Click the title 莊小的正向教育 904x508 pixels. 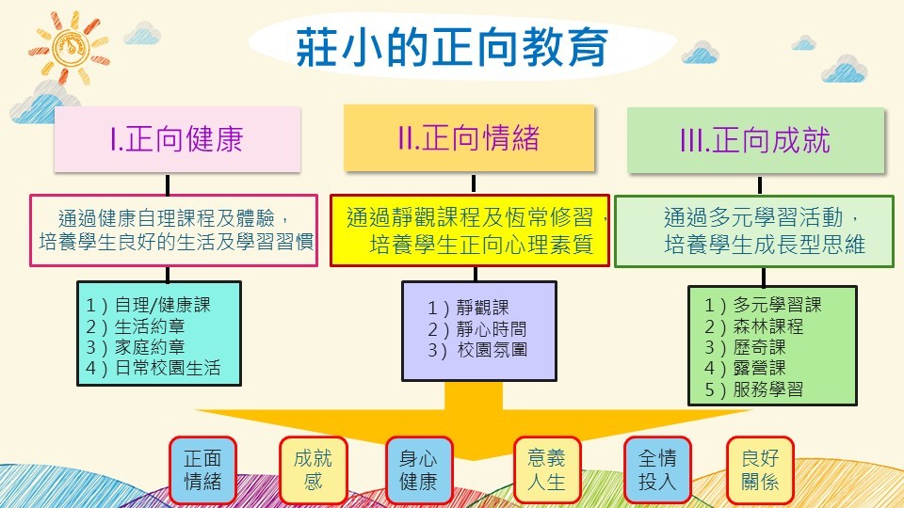452,47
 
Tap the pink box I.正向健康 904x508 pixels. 177,139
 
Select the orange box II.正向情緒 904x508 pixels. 469,137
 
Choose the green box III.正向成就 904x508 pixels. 755,140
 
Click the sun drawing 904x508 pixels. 69,46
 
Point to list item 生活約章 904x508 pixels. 136,326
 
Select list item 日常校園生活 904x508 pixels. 153,368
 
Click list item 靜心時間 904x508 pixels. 476,329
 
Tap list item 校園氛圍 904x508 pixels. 476,350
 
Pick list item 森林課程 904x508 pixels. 754,326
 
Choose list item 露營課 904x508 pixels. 745,368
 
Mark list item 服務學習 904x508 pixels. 754,389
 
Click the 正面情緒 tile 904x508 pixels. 202,470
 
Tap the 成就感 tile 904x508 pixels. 313,470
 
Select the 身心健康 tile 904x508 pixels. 419,470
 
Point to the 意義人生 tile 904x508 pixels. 546,470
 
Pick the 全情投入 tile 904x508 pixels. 657,470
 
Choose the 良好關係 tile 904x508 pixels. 761,470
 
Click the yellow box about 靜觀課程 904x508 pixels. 470,230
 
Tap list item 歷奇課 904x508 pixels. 745,347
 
